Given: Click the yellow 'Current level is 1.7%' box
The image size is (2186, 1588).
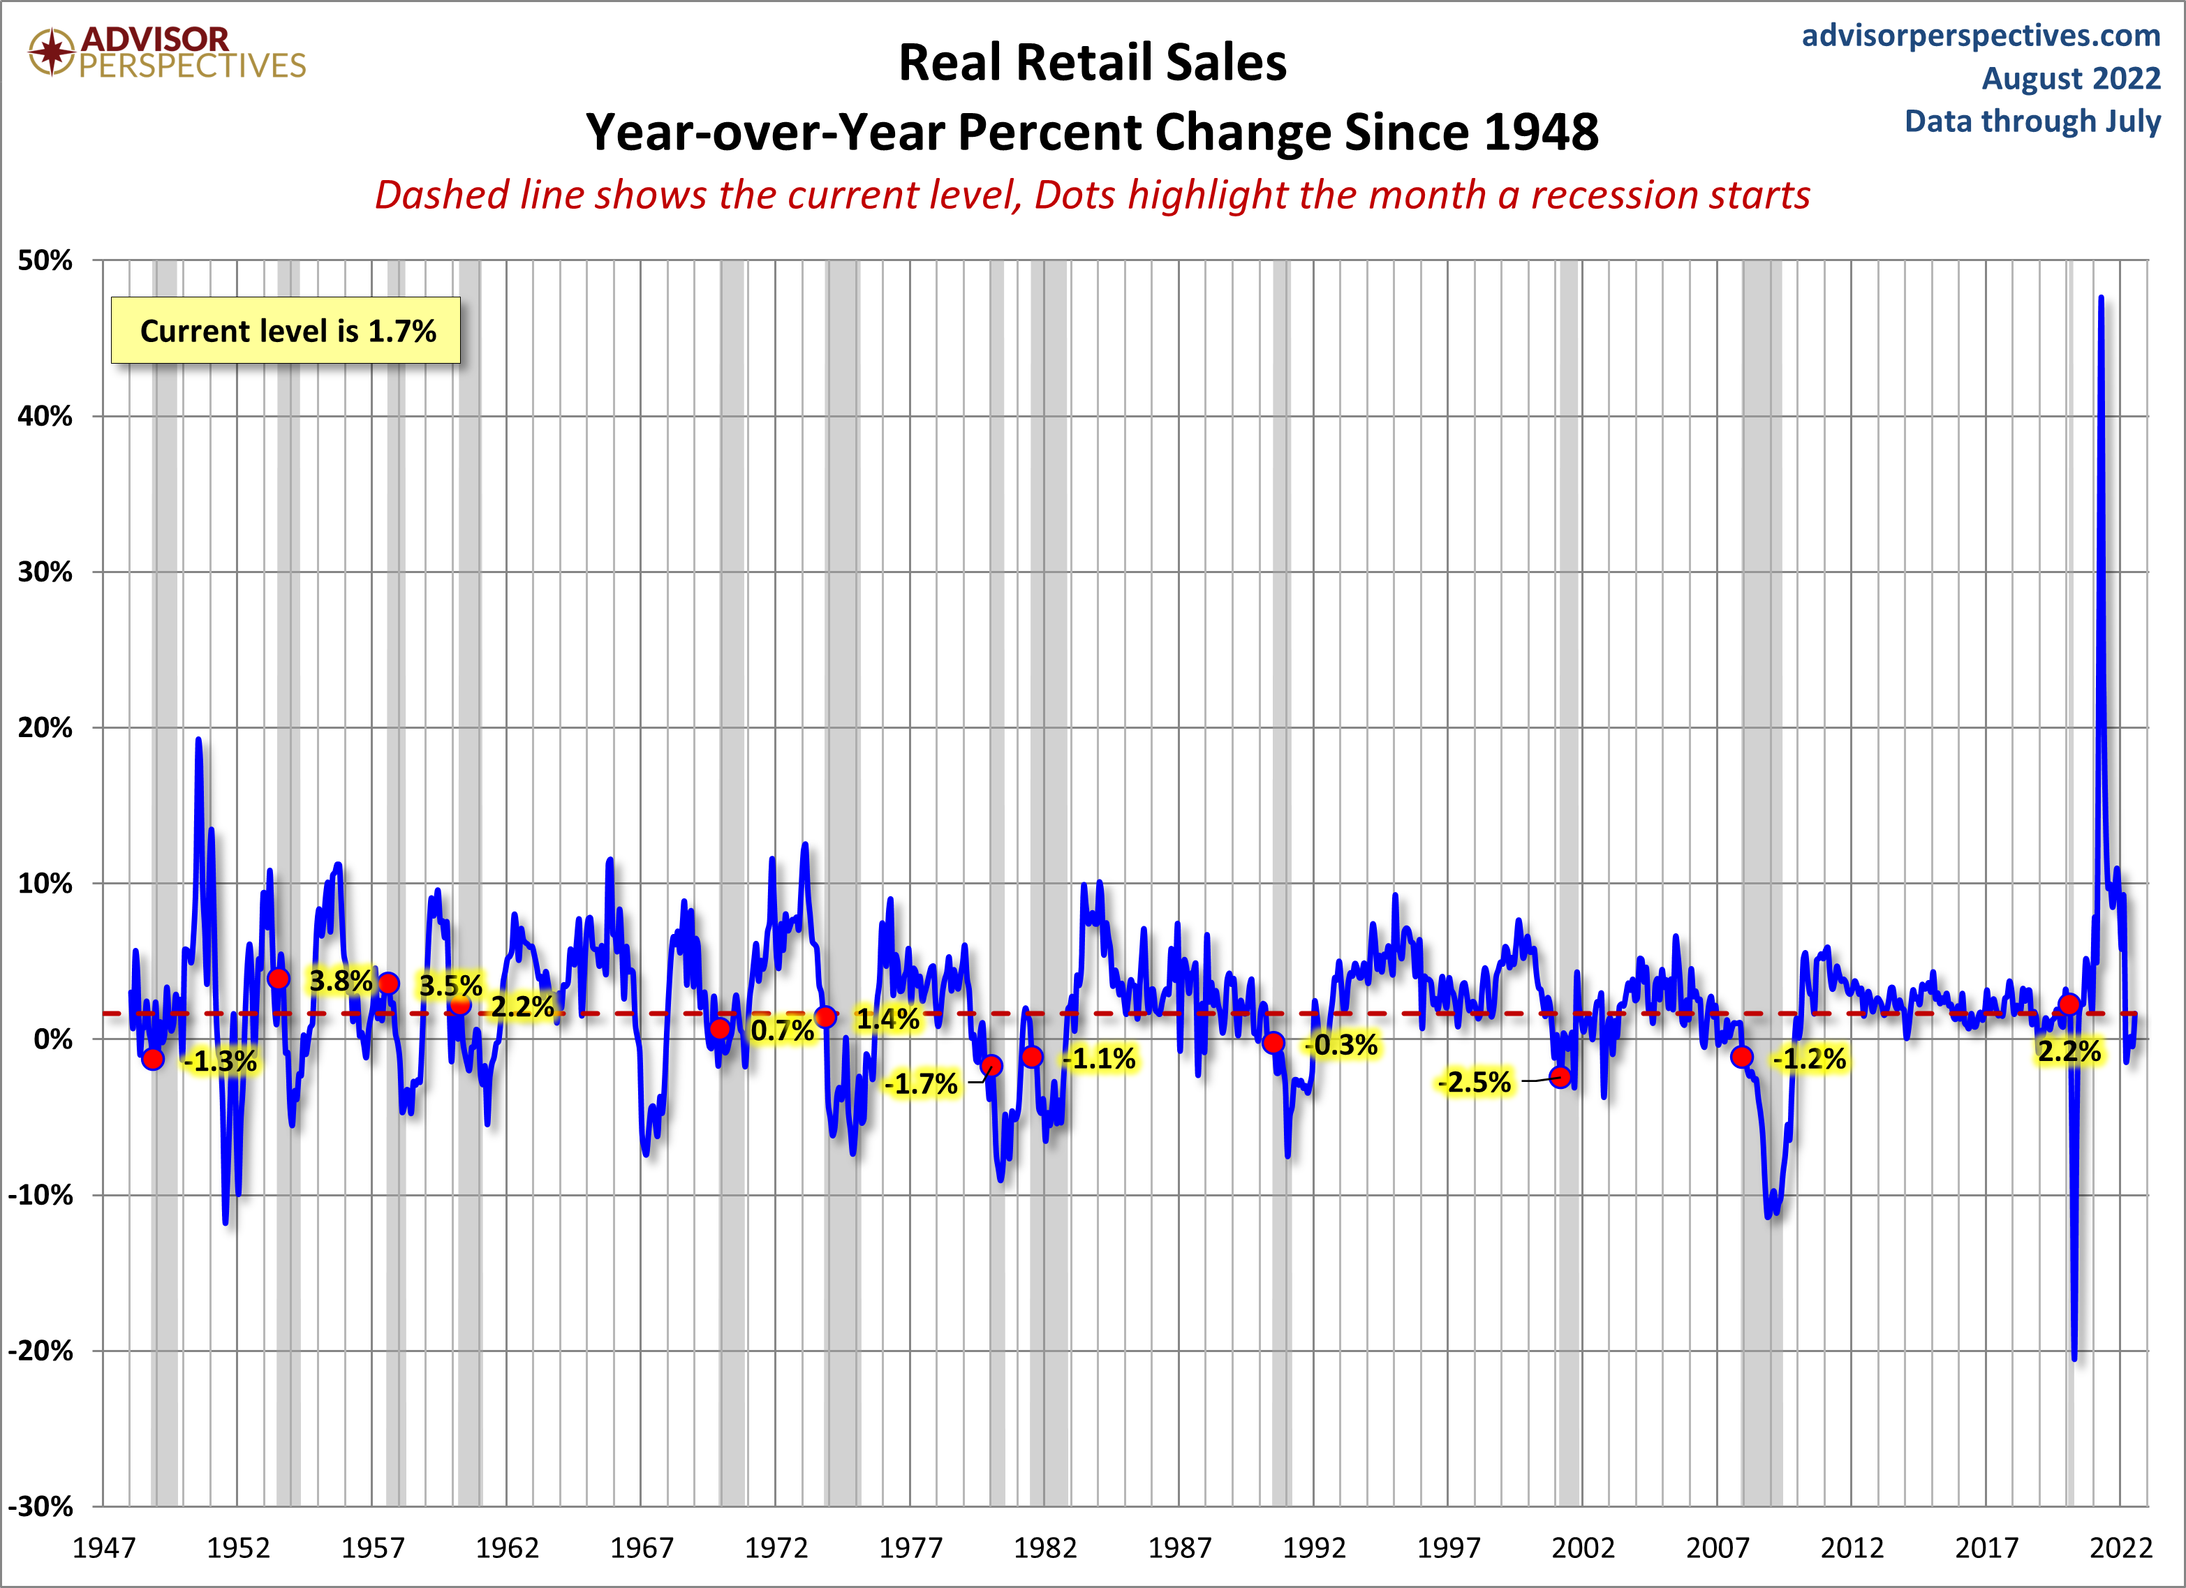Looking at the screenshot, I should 286,330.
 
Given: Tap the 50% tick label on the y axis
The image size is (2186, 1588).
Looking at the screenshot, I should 45,260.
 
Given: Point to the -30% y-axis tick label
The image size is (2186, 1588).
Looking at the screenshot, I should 40,1506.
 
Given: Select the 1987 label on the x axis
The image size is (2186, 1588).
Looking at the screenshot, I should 1179,1548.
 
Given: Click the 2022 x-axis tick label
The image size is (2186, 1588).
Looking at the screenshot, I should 2120,1548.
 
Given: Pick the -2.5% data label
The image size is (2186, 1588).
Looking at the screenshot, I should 1474,1082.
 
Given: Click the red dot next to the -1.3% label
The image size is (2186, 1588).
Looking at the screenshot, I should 154,1059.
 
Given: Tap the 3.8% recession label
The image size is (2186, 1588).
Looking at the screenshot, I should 340,981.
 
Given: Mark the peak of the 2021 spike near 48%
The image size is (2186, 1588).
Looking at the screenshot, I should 2102,298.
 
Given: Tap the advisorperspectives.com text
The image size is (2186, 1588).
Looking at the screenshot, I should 1981,36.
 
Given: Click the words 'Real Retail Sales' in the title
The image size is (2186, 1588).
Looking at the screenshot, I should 1092,63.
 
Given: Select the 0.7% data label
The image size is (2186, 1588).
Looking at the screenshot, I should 783,1030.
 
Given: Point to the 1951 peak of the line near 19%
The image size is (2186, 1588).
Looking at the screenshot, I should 198,740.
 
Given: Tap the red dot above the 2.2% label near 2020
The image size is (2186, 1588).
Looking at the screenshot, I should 2069,1004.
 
